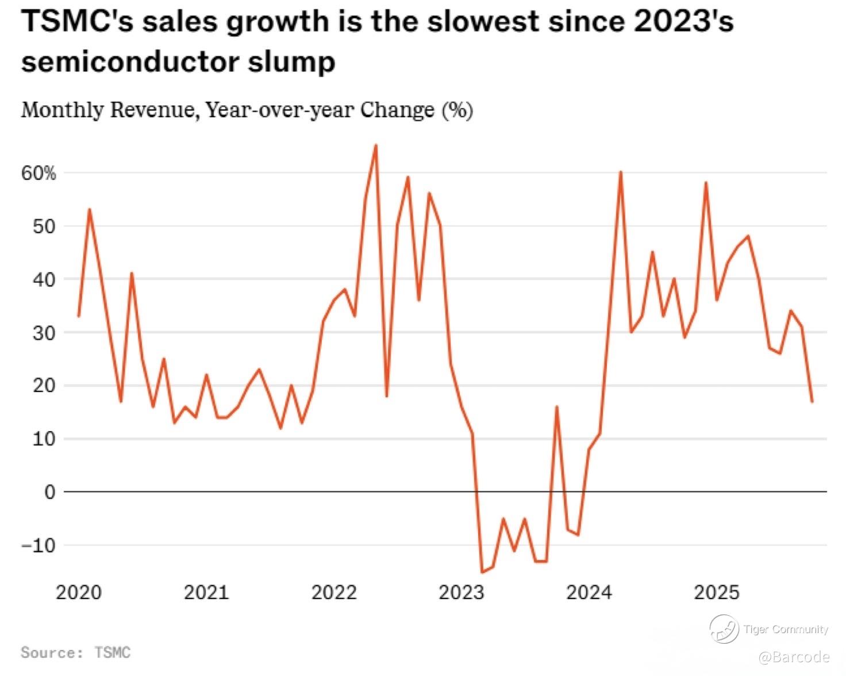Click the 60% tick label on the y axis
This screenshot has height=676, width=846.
(39, 173)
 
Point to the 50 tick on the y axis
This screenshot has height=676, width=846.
(44, 226)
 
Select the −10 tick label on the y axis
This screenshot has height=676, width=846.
(39, 546)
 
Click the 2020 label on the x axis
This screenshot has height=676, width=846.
(79, 592)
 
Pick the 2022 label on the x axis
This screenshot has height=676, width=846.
(334, 592)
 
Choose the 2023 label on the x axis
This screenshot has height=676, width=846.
(462, 592)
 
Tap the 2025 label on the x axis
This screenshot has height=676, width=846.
(716, 592)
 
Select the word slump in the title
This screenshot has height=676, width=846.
(292, 62)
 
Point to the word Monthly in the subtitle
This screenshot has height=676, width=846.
(62, 109)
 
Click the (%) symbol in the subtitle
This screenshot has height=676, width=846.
(457, 109)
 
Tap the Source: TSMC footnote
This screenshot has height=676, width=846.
(75, 652)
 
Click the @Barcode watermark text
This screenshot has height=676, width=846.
(794, 657)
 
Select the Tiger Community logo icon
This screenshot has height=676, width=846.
(724, 628)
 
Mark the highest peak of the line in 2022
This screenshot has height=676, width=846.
(376, 145)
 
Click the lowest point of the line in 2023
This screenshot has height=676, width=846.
(482, 572)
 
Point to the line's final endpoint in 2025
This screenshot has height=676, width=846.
(812, 402)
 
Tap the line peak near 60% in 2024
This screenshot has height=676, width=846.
(621, 172)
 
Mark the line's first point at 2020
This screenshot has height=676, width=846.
(79, 316)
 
